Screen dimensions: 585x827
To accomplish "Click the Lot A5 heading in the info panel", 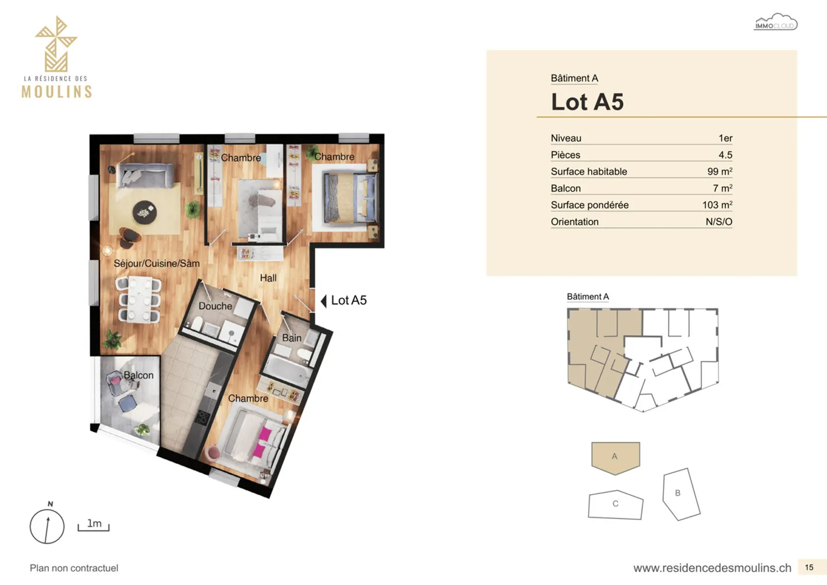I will tap(587, 102).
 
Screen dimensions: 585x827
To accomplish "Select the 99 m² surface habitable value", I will tap(720, 172).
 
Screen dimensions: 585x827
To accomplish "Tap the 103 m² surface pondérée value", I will tap(717, 205).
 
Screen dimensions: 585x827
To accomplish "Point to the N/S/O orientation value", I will tap(718, 222).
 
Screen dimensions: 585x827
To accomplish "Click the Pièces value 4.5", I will tap(725, 155).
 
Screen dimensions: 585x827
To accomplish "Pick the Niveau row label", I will tap(566, 138).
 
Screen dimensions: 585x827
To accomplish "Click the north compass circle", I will tap(47, 526).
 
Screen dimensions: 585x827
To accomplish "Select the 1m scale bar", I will tap(94, 525).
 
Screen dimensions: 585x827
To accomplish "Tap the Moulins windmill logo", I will tap(56, 45).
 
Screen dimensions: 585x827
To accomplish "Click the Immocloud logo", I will tap(775, 22).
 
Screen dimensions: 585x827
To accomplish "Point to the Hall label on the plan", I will tap(268, 278).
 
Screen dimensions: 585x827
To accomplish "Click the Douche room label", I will tap(215, 306).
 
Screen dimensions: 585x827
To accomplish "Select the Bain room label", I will tap(292, 338).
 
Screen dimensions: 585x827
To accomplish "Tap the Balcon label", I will tap(138, 375).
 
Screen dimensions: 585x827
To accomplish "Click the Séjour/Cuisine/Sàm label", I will tap(157, 264).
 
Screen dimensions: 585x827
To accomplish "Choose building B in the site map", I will tap(681, 494).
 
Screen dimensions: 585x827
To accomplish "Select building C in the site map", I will tap(616, 505).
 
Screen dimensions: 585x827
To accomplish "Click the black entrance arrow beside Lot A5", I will tap(324, 301).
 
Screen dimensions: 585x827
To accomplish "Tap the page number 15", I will tap(809, 567).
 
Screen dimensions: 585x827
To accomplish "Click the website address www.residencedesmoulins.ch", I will tap(712, 568).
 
